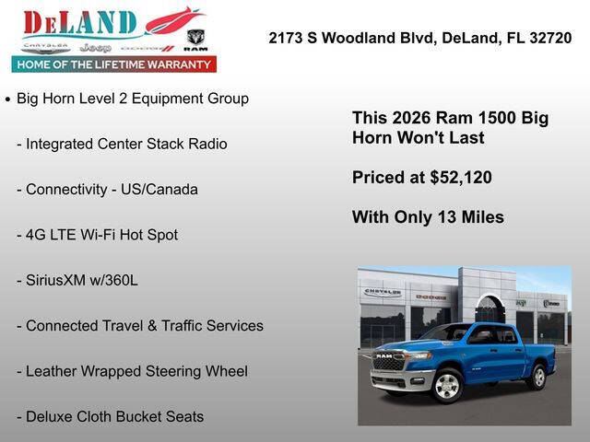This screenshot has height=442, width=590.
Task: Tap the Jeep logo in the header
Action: click(95, 47)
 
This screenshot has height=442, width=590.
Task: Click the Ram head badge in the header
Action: click(195, 39)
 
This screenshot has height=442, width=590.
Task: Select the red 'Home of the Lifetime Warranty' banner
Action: click(114, 64)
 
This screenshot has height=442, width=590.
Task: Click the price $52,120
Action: click(461, 177)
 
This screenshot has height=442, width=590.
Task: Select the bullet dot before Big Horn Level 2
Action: click(7, 99)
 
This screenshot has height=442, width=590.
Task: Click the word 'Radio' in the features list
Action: click(206, 144)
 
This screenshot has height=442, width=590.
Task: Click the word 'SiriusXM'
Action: click(56, 279)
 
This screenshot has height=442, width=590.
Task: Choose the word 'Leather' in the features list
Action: click(53, 371)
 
